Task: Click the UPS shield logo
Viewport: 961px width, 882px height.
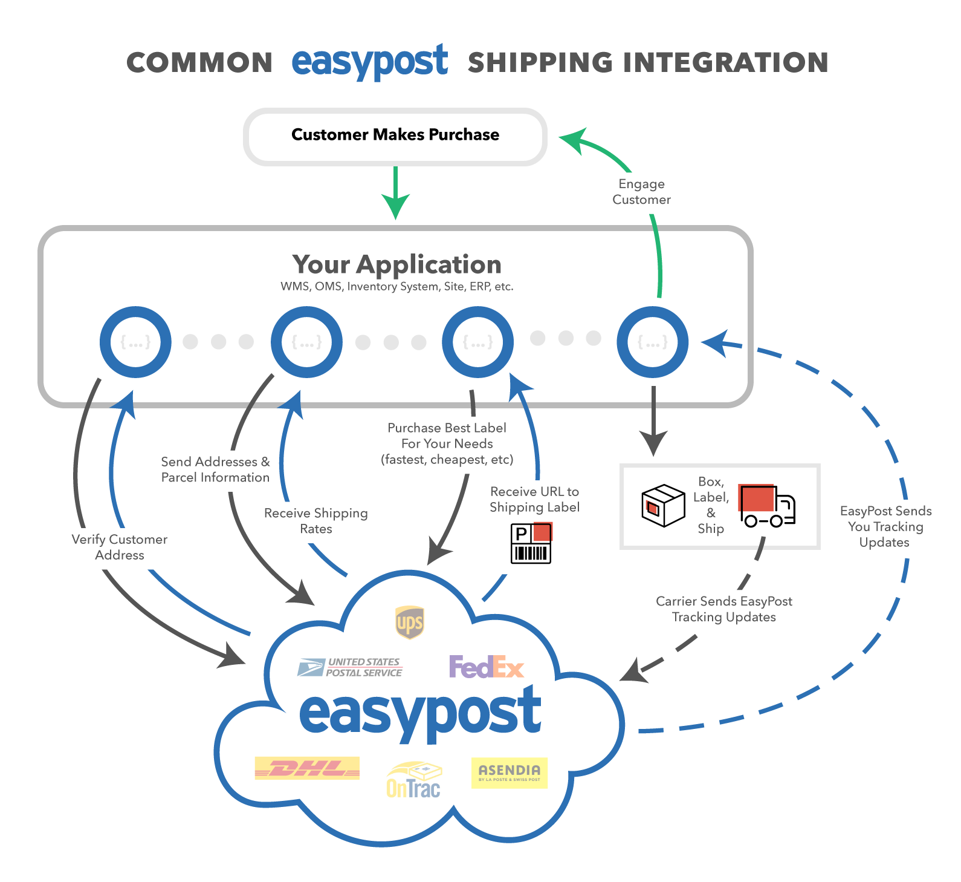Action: pos(409,622)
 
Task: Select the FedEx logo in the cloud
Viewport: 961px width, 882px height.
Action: pos(487,667)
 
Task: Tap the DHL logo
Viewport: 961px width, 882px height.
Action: pos(307,768)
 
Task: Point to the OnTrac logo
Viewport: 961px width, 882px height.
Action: pos(414,780)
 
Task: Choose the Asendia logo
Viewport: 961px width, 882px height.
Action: pos(510,773)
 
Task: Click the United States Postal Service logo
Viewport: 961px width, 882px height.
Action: pos(350,667)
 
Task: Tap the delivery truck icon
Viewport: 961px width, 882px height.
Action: pos(767,506)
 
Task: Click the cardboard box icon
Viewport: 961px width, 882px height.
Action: pos(663,506)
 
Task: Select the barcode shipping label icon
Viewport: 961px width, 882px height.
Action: pos(531,543)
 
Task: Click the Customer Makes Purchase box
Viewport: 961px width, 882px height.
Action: pos(395,137)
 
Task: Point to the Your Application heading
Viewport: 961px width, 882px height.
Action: pos(396,264)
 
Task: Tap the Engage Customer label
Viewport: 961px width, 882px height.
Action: pos(641,192)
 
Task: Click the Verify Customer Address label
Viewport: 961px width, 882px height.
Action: pos(120,547)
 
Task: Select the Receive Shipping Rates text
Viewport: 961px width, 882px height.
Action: pos(316,521)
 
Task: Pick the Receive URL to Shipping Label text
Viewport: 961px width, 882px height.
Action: pos(534,499)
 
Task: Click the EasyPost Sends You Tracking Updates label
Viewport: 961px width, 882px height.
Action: pos(885,526)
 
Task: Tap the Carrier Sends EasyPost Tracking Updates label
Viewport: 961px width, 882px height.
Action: pos(724,609)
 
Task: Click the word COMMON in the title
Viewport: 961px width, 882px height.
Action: pos(199,63)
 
